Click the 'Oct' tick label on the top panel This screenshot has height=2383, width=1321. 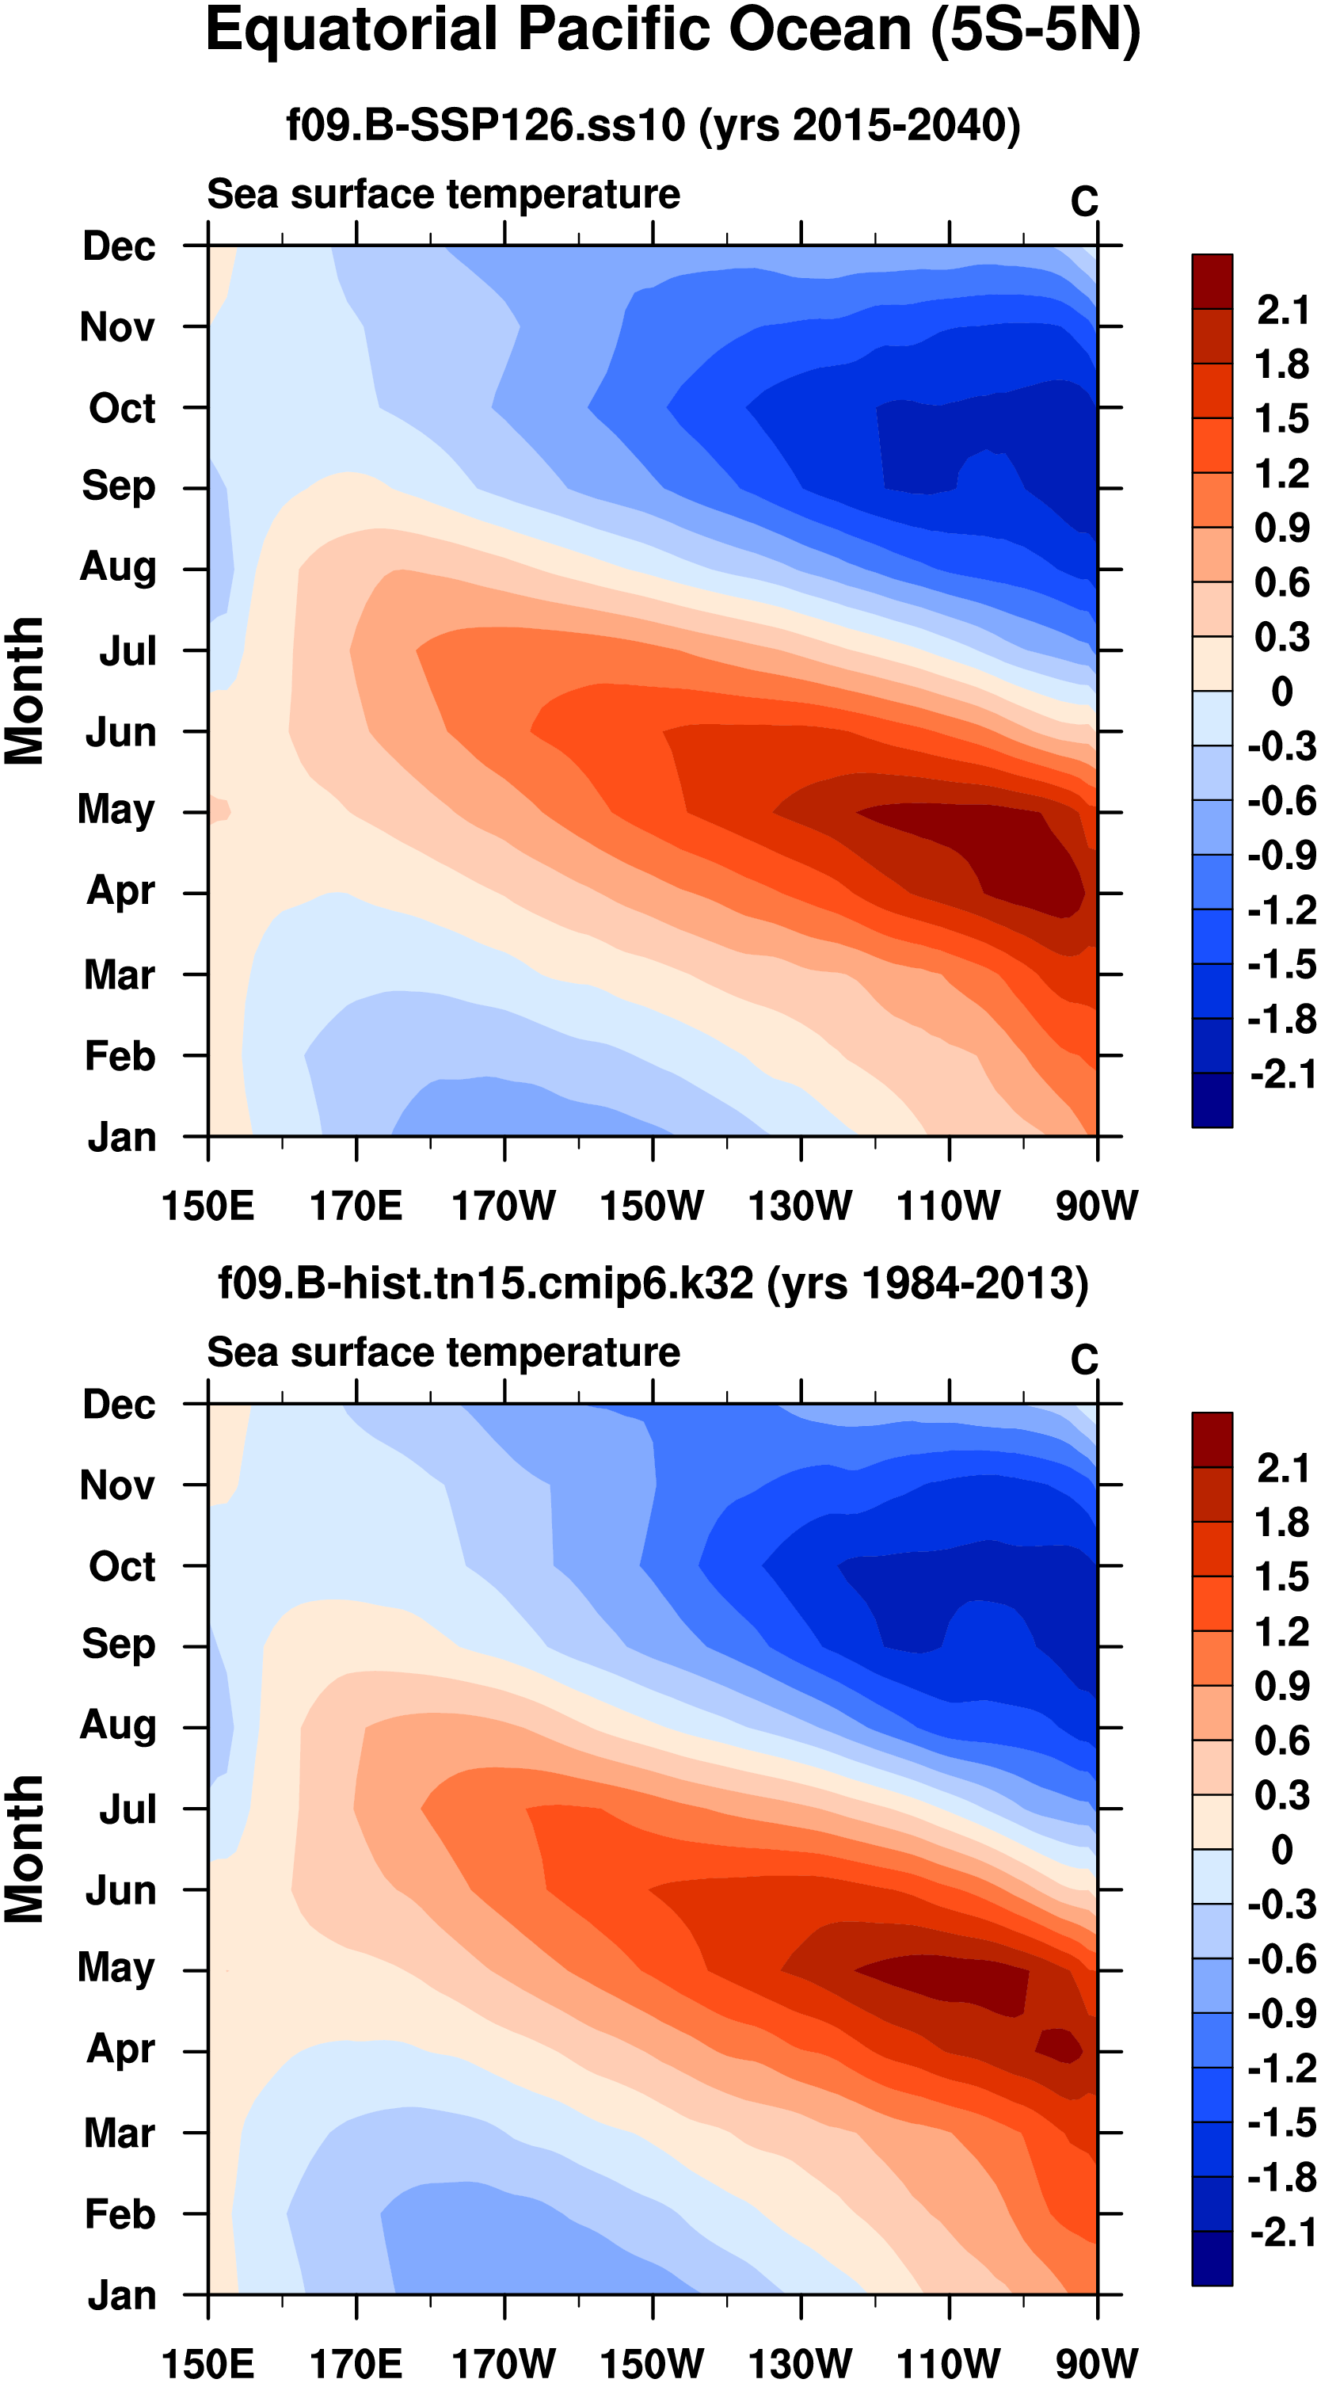(x=121, y=408)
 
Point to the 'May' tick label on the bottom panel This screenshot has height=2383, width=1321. (x=116, y=1968)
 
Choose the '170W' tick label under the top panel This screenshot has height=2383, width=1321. (x=504, y=1206)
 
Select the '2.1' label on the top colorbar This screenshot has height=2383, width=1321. (x=1282, y=310)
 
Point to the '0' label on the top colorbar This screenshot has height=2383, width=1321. (x=1282, y=691)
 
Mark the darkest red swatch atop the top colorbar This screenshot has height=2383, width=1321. (x=1212, y=281)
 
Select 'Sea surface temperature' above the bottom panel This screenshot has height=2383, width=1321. (x=444, y=1352)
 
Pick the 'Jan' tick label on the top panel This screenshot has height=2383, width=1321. (x=121, y=1137)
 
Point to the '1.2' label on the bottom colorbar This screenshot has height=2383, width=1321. (x=1282, y=1632)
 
